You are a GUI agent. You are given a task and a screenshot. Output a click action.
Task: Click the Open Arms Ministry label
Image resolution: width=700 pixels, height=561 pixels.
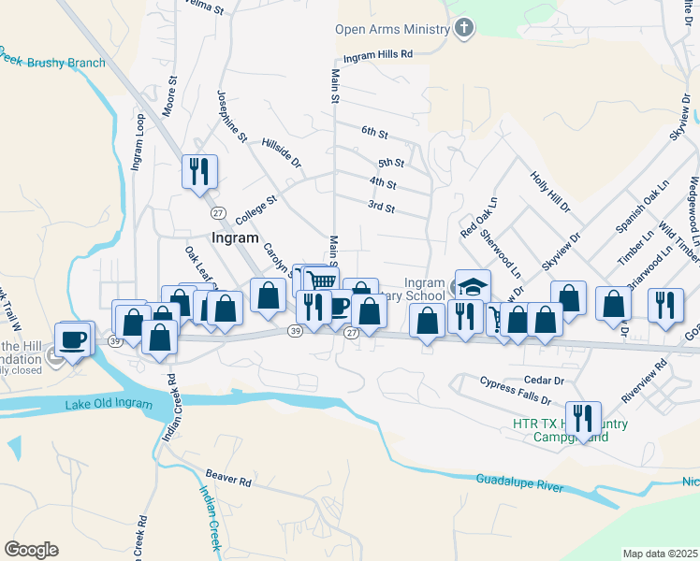click(393, 29)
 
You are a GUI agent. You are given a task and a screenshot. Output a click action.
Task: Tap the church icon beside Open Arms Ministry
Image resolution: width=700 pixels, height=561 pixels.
click(463, 28)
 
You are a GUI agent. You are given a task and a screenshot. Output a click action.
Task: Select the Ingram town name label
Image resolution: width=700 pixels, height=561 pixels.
click(234, 237)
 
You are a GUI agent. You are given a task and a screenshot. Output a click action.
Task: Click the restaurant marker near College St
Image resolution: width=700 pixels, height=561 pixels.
click(199, 171)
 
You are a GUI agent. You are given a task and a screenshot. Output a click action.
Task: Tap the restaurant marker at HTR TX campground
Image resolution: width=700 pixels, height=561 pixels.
click(584, 418)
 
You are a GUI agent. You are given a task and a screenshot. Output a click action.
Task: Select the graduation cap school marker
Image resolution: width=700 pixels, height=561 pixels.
click(473, 285)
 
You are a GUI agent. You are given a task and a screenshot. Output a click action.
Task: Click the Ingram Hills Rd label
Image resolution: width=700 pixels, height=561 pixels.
click(378, 55)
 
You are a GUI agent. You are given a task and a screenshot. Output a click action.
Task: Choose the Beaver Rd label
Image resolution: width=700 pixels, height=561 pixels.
click(229, 482)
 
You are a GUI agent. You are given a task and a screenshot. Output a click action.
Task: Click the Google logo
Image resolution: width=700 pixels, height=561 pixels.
click(31, 550)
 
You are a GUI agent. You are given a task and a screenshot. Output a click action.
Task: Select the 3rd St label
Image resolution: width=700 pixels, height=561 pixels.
click(381, 207)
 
